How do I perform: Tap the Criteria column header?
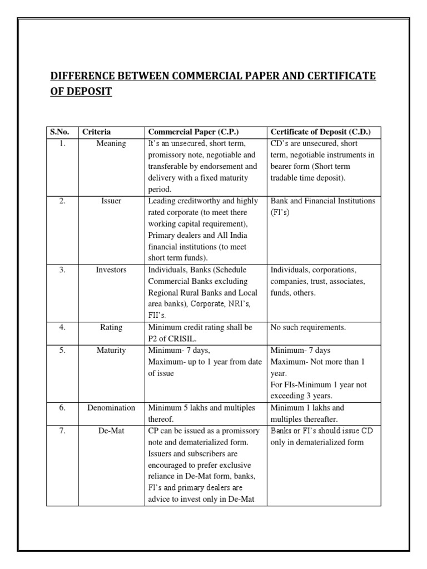pos(97,132)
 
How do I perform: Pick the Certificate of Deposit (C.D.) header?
pos(320,132)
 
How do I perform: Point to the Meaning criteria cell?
pos(111,143)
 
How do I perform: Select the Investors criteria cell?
pos(111,269)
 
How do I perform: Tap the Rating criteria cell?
pos(111,327)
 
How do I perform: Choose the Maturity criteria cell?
pos(111,350)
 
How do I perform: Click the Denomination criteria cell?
pos(111,407)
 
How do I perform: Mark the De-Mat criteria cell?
pos(111,430)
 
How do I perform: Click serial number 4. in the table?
pos(62,327)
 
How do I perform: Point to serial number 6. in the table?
pos(62,407)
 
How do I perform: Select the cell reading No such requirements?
pos(308,327)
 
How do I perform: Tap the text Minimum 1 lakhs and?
pos(307,407)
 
